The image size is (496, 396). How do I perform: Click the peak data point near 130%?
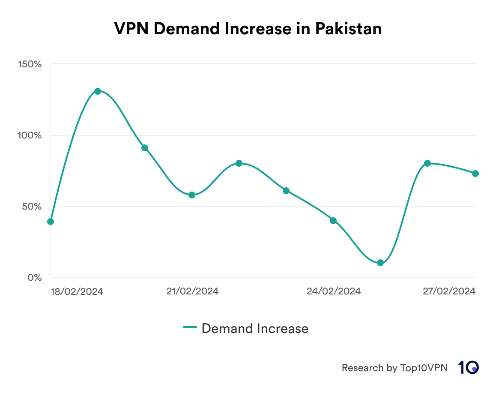[98, 91]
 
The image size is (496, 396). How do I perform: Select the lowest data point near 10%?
[380, 263]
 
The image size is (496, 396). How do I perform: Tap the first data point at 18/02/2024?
[51, 222]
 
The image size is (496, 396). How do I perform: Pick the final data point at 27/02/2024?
[475, 174]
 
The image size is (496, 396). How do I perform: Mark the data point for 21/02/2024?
[192, 195]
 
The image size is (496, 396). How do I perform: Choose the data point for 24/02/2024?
[333, 221]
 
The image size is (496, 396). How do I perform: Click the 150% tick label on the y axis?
[30, 64]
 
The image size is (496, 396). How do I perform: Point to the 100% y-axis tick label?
[30, 135]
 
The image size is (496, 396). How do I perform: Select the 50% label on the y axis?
[32, 207]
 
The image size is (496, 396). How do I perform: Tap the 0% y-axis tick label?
[34, 278]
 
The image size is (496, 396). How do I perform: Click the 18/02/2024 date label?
[77, 291]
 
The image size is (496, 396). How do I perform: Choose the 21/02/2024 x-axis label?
[192, 291]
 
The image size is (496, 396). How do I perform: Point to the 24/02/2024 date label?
[334, 291]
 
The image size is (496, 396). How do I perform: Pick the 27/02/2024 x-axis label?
[449, 291]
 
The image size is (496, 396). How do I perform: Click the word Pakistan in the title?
[348, 29]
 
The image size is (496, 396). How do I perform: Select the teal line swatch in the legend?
[190, 328]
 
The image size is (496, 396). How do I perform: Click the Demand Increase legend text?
[255, 328]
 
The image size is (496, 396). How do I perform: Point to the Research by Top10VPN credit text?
[394, 368]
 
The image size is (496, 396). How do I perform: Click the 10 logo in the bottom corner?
[468, 367]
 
